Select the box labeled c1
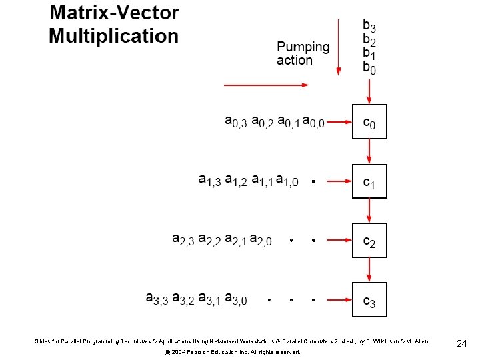point(369,181)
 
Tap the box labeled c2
point(369,240)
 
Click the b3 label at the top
point(369,27)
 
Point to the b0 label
point(369,67)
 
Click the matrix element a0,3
point(236,123)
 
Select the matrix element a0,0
point(313,123)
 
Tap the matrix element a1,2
point(236,181)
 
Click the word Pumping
point(303,47)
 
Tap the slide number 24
point(461,344)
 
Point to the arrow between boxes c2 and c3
point(369,270)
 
